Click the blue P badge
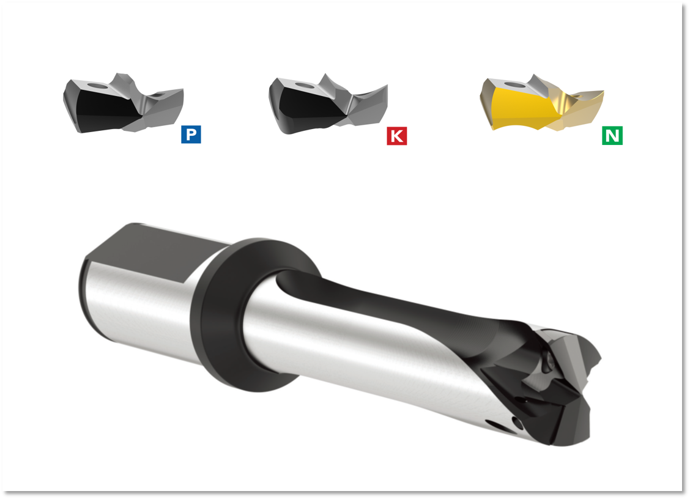coord(191,135)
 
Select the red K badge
coord(396,136)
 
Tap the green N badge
coord(612,135)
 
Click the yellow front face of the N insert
coord(520,110)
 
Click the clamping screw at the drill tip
coord(546,365)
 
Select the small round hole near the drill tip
coord(517,422)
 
